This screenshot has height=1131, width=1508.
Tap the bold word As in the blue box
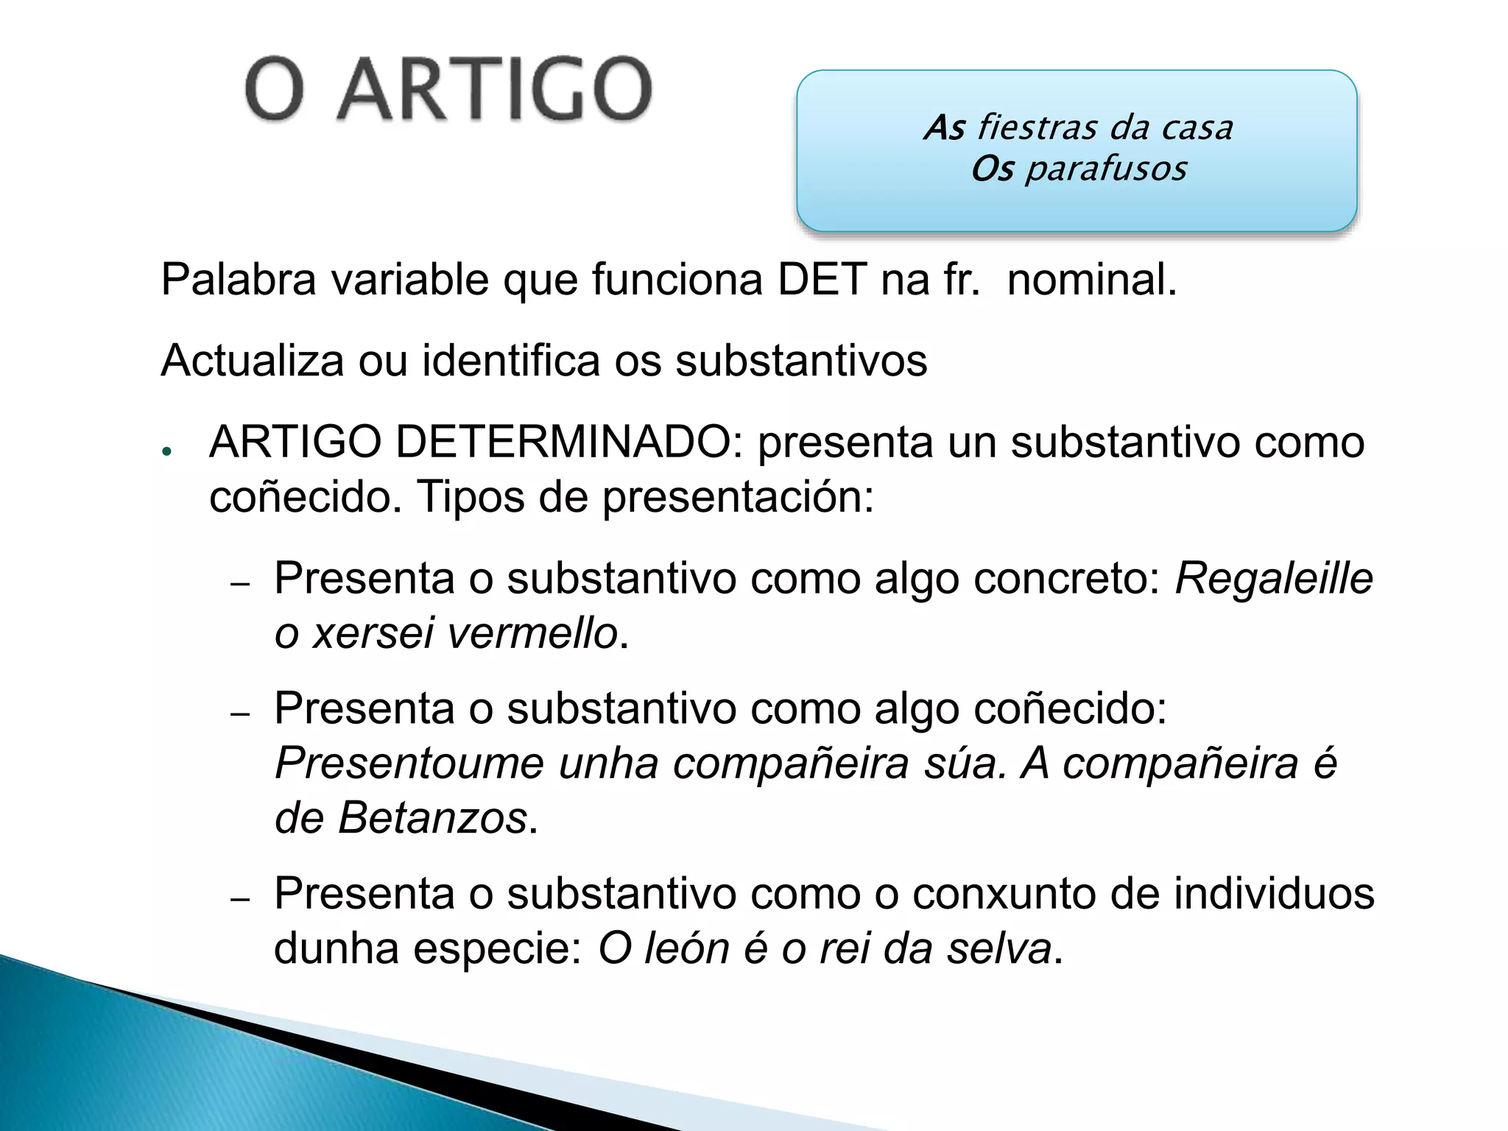pos(945,128)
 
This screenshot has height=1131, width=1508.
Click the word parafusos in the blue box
pos(1106,169)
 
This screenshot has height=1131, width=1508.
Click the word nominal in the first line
pos(1091,281)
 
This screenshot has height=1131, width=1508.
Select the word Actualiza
pos(253,361)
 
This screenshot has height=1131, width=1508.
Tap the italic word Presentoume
pos(409,763)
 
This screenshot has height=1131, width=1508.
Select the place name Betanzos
pos(432,818)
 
